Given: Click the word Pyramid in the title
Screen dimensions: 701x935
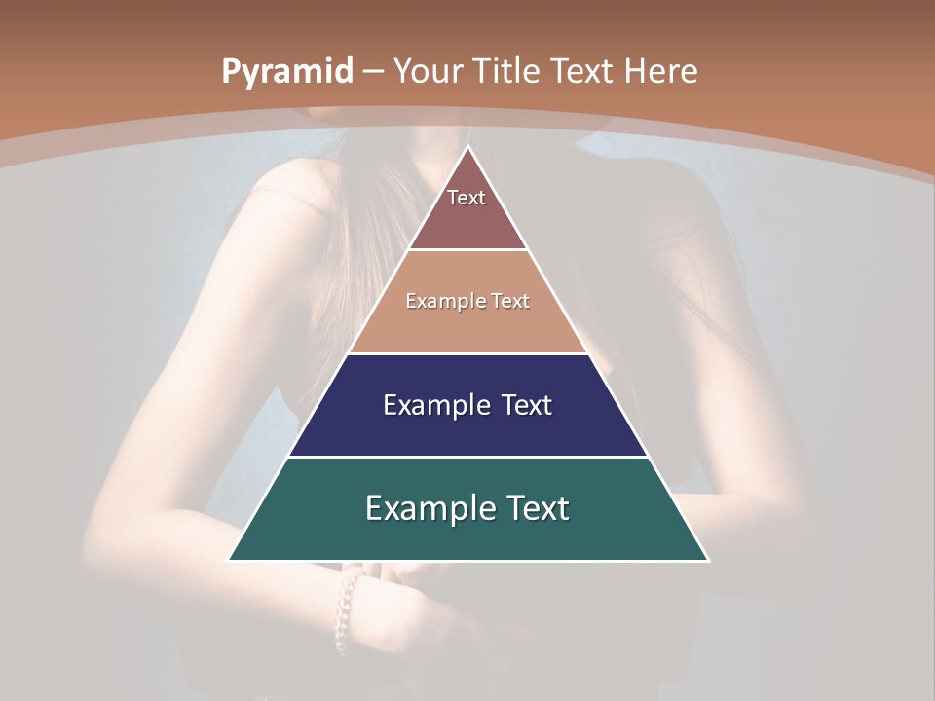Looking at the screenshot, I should tap(286, 72).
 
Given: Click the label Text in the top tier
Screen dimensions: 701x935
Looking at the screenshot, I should tap(467, 198).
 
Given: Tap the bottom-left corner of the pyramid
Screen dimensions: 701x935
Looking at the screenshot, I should tap(230, 560).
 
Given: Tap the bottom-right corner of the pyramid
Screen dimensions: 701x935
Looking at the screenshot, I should tap(707, 560).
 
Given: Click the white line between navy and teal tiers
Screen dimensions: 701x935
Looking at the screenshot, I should tap(467, 457).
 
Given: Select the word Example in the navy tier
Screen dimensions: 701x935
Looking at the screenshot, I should tap(427, 405).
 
